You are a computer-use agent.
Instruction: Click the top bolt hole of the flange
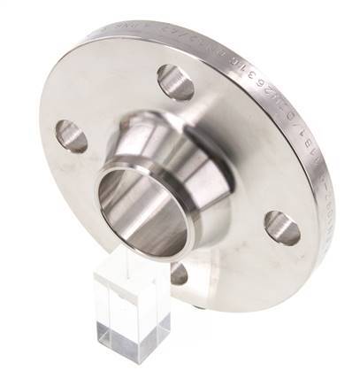[x=176, y=82]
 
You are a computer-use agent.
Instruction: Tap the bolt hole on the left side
[x=71, y=135]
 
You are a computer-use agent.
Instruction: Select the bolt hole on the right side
[x=282, y=228]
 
